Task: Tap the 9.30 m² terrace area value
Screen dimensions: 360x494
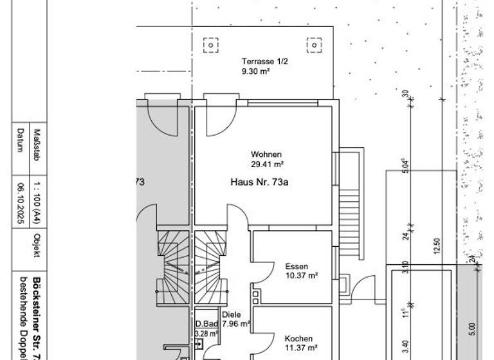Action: point(252,71)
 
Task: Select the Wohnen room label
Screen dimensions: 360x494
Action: point(266,154)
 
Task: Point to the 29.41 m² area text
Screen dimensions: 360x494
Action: point(267,165)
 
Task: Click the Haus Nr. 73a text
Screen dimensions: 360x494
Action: point(259,183)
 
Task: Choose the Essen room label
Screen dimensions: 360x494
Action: point(297,266)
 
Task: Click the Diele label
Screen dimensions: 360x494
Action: point(231,315)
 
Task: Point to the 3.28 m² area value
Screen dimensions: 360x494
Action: point(206,334)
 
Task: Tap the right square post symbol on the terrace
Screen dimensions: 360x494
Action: point(314,46)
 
